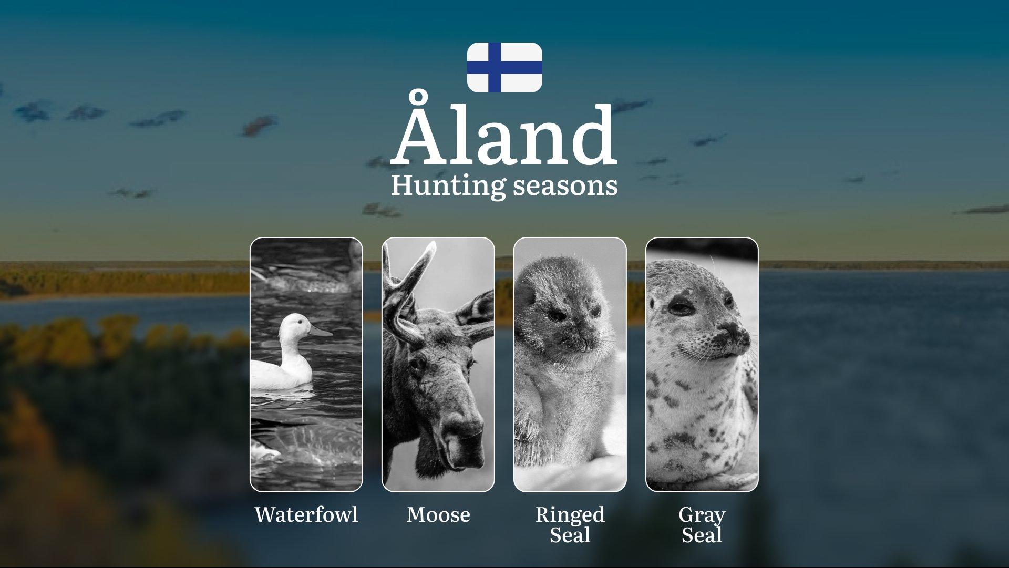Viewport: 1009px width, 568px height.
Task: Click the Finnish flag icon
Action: coord(504,67)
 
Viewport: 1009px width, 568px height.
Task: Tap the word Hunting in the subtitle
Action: coord(448,187)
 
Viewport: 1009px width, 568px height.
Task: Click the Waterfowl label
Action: coord(306,514)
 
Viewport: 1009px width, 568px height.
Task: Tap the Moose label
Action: coord(438,514)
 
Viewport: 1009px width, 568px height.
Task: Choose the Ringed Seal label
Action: coord(570,524)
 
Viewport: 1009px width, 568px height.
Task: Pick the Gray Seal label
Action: coord(702,524)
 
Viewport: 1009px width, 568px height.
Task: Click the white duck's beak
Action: coord(321,332)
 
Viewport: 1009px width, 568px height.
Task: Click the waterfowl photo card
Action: coord(306,365)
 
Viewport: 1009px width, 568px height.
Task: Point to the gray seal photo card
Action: coord(702,365)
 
